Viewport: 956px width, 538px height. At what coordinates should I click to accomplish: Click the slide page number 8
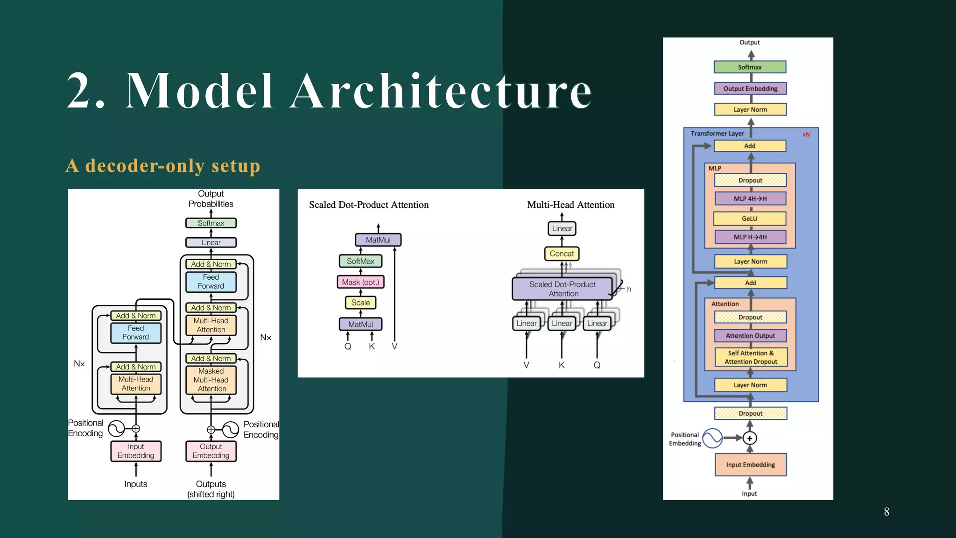click(886, 512)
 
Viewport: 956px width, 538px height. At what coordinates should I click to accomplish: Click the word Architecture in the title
click(441, 91)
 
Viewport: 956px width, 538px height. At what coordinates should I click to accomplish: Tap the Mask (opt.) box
click(360, 282)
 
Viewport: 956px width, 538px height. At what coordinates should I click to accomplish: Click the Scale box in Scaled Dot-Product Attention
click(360, 303)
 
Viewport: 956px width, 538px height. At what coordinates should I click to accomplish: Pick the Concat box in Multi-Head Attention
click(562, 254)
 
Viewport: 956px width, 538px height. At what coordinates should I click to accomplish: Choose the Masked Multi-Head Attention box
click(211, 380)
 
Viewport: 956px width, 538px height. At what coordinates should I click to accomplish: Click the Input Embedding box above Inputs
click(136, 451)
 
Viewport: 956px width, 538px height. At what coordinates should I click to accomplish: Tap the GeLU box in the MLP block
click(750, 219)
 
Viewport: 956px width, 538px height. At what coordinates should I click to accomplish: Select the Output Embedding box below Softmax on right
click(750, 89)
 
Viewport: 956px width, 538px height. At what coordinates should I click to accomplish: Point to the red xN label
click(806, 134)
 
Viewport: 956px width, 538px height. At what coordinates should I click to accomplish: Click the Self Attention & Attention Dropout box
click(751, 357)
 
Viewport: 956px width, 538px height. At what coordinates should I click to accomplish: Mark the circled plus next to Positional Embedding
click(750, 438)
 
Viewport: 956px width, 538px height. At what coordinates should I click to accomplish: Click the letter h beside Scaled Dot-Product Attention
click(629, 289)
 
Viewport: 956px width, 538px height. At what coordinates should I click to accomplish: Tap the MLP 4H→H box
click(750, 198)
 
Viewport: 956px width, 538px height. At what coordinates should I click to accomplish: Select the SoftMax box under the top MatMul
click(360, 261)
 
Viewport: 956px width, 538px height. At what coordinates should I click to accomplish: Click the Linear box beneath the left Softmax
click(211, 242)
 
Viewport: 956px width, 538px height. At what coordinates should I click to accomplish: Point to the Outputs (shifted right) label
click(211, 489)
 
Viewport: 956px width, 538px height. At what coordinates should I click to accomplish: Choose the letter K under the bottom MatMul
click(372, 347)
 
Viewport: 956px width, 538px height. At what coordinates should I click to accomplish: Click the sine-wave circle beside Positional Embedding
click(712, 438)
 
